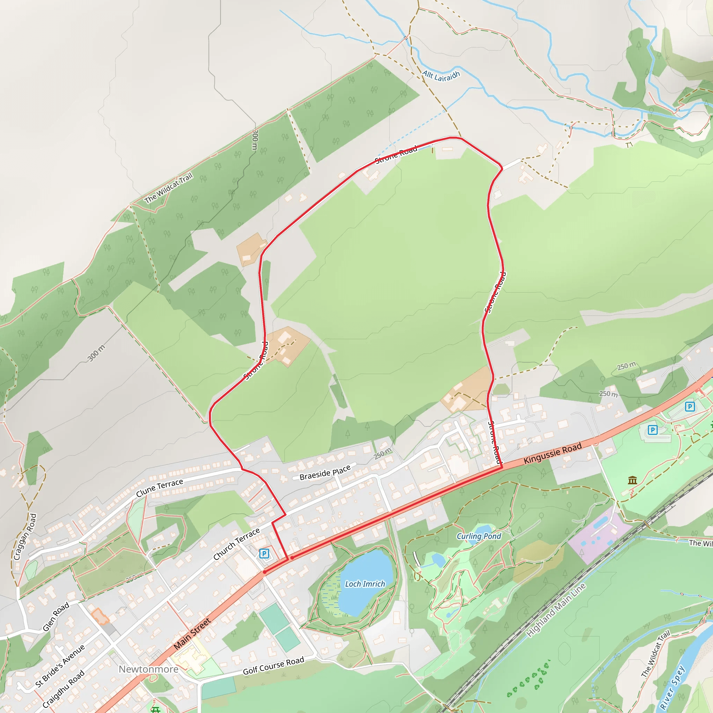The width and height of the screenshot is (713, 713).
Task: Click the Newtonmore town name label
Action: pyautogui.click(x=148, y=669)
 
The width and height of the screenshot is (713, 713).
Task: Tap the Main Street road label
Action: pyautogui.click(x=192, y=633)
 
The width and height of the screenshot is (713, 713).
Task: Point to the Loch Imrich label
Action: pyautogui.click(x=365, y=584)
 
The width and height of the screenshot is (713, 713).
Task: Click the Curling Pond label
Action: pyautogui.click(x=479, y=536)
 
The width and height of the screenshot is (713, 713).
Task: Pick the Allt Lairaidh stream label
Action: pyautogui.click(x=441, y=76)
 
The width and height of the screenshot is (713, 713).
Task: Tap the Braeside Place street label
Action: pyautogui.click(x=325, y=473)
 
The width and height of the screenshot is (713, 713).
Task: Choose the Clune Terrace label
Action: pyautogui.click(x=159, y=488)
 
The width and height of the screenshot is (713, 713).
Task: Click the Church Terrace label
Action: pyautogui.click(x=236, y=543)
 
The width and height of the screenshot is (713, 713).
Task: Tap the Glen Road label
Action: pyautogui.click(x=56, y=616)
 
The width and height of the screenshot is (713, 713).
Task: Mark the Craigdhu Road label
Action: pyautogui.click(x=63, y=689)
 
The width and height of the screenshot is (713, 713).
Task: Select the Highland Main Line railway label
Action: pyautogui.click(x=556, y=610)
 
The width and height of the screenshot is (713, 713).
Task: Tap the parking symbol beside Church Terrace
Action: pyautogui.click(x=264, y=553)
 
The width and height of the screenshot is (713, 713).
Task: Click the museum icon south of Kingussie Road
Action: pyautogui.click(x=633, y=480)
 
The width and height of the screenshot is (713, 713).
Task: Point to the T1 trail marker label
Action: pyautogui.click(x=629, y=145)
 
